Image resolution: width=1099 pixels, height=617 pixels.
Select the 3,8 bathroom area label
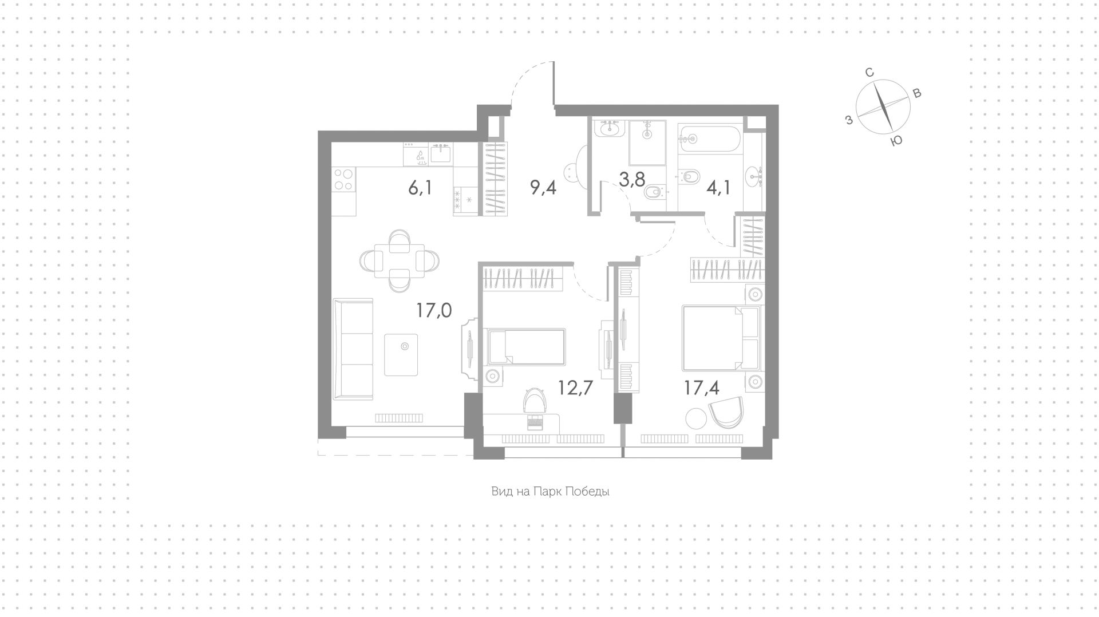631,179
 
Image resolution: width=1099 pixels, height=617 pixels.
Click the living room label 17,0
434,310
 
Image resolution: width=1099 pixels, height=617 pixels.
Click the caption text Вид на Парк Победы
549,492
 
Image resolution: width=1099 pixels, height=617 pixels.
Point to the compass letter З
849,120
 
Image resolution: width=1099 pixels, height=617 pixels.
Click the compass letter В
916,93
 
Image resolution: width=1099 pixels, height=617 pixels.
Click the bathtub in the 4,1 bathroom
710,138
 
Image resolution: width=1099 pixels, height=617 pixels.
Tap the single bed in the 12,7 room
525,346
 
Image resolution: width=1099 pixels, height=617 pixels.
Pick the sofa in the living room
353,349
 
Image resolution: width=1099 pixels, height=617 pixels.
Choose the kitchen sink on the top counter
441,154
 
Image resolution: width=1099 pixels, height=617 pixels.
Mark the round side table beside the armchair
697,417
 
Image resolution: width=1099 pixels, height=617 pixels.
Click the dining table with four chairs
399,261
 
